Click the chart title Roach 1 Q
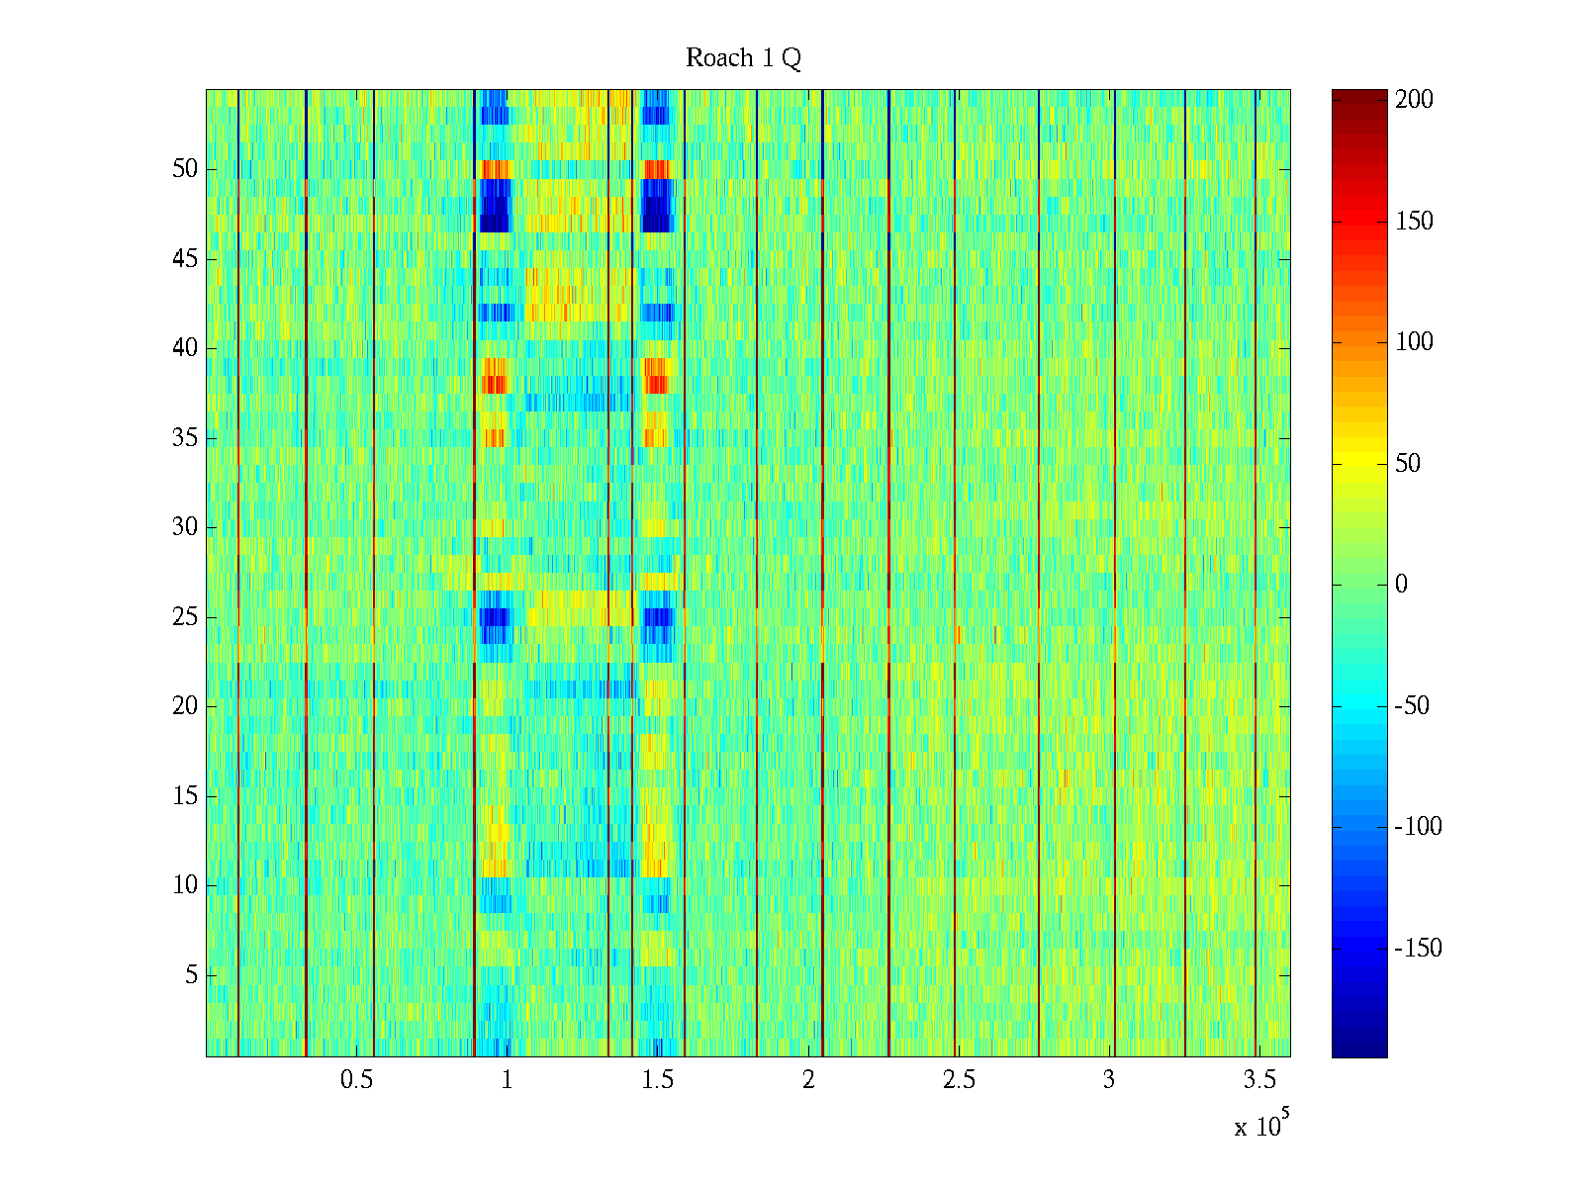pos(743,58)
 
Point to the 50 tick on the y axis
pos(185,169)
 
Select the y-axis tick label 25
pos(185,617)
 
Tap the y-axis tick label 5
pos(191,975)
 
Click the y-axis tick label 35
pos(185,438)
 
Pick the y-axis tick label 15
pos(185,796)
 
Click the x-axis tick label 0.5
pos(356,1080)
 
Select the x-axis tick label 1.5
pos(658,1080)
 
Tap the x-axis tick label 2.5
pos(959,1080)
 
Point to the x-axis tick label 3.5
pos(1259,1080)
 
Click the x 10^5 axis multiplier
pos(1261,1125)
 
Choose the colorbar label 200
pos(1414,99)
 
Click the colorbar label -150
pos(1418,948)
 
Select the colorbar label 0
pos(1401,585)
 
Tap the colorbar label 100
pos(1414,342)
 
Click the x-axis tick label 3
pos(1109,1080)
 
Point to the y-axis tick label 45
pos(185,259)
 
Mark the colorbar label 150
pos(1414,221)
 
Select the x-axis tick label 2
pos(808,1080)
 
